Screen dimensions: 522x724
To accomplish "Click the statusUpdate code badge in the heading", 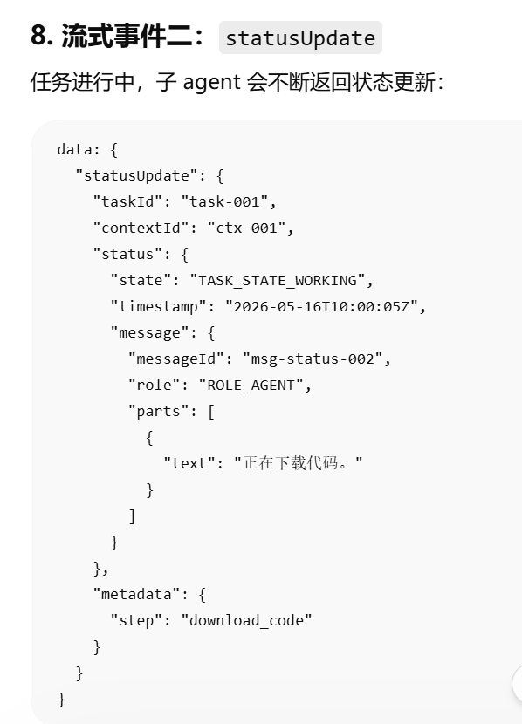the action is tap(300, 38).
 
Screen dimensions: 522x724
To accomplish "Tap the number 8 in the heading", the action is tap(38, 36).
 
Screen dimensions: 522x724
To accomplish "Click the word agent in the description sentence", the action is tap(211, 83).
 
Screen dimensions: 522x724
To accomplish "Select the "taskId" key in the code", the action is tap(128, 201).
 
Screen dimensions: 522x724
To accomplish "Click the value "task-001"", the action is tap(224, 201).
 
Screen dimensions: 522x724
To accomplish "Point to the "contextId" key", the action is tap(141, 228).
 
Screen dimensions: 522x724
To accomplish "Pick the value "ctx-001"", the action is tap(246, 228).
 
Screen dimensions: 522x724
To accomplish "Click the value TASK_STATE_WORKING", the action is tap(278, 280).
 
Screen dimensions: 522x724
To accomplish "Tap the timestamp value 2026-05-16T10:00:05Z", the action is tap(321, 306).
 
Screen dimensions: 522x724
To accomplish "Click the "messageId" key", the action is tap(176, 359).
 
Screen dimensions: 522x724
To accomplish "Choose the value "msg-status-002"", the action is tap(313, 359).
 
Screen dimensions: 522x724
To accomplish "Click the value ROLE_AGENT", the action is tap(251, 385).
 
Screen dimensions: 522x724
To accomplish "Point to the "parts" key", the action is tap(159, 412).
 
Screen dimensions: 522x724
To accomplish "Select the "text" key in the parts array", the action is tap(189, 463).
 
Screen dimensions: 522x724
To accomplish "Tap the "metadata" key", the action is tap(137, 594).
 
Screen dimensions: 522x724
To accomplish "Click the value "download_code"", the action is tap(246, 620).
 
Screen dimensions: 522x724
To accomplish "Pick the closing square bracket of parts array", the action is tap(132, 516).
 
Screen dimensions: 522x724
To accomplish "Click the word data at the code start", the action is tap(74, 150).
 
